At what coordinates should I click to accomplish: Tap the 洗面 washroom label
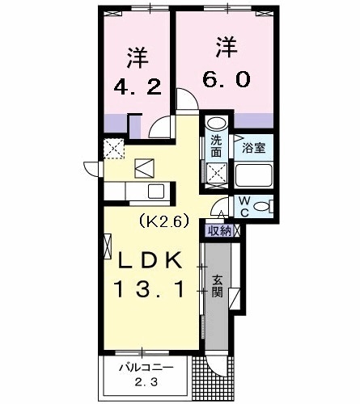(x=217, y=145)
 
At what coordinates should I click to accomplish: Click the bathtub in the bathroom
(x=254, y=176)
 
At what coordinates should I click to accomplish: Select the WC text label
(x=243, y=207)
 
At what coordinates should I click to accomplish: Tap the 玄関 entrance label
(x=218, y=286)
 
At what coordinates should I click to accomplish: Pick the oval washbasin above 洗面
(x=215, y=124)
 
